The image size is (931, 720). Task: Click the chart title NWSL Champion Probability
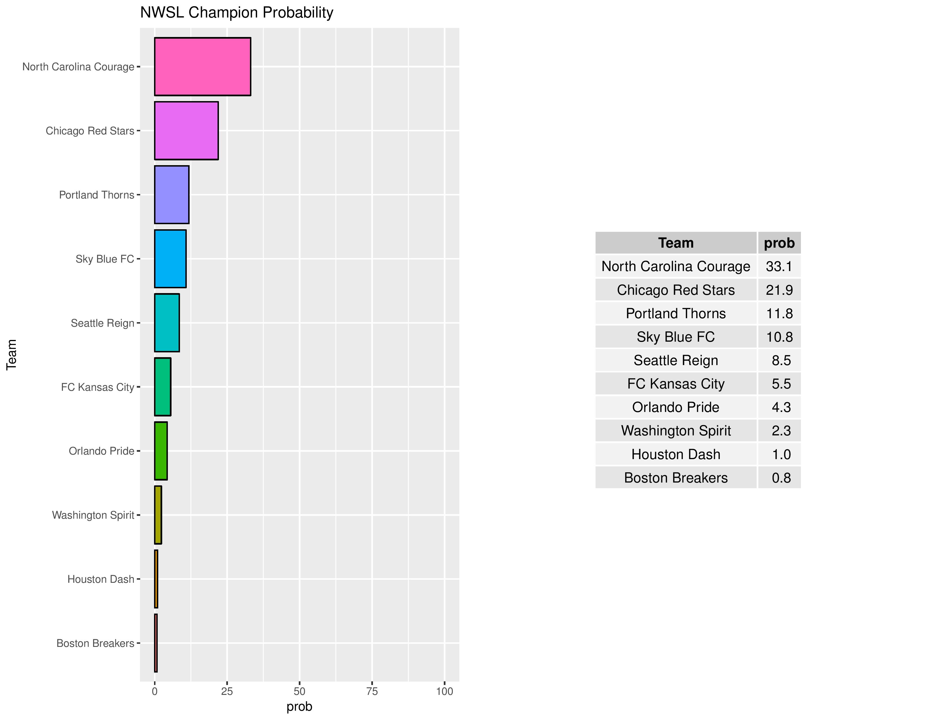237,13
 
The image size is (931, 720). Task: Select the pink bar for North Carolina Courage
203,67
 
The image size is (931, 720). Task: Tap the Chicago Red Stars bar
186,130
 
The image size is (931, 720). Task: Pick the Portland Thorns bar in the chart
171,195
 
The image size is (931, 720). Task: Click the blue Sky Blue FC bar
170,259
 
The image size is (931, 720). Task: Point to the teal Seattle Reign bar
167,323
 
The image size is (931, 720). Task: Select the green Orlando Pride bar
161,451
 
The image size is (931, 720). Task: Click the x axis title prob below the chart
299,707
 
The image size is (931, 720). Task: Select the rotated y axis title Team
12,354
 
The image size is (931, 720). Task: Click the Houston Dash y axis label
101,579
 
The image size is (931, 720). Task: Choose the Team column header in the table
676,243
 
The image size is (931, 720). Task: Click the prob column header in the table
779,243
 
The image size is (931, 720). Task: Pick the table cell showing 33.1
779,266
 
